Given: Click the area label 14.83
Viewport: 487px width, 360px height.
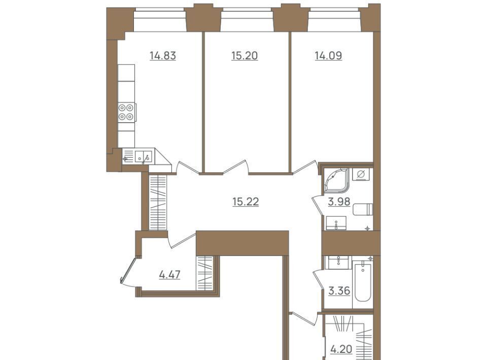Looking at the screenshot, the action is click(x=163, y=56).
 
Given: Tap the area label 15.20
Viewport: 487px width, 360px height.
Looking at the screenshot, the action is click(x=245, y=56).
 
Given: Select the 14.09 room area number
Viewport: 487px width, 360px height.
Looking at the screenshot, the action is click(x=328, y=56).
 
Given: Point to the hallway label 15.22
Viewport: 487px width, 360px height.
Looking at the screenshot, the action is click(x=246, y=202).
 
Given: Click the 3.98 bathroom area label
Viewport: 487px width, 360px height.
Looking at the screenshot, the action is click(x=339, y=202).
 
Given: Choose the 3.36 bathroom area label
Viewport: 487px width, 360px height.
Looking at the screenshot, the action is click(x=339, y=291).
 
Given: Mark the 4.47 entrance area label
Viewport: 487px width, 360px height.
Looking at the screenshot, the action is click(x=169, y=275).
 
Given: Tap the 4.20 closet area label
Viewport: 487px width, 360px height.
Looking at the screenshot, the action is click(x=341, y=349).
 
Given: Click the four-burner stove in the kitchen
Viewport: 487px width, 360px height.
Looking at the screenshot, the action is click(x=126, y=112).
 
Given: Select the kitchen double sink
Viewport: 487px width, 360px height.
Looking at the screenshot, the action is click(x=144, y=156).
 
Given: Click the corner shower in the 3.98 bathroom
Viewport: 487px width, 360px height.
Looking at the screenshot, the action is click(x=337, y=180).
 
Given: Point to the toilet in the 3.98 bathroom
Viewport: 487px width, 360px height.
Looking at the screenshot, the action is click(x=363, y=209).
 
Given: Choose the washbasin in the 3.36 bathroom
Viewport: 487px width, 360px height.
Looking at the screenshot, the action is click(x=338, y=263).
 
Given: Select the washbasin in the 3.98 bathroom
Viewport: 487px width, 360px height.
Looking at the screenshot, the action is click(x=336, y=223).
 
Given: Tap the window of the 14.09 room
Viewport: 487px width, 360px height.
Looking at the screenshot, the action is click(x=335, y=20).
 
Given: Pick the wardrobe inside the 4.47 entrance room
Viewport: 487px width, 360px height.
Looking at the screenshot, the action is click(x=204, y=273).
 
